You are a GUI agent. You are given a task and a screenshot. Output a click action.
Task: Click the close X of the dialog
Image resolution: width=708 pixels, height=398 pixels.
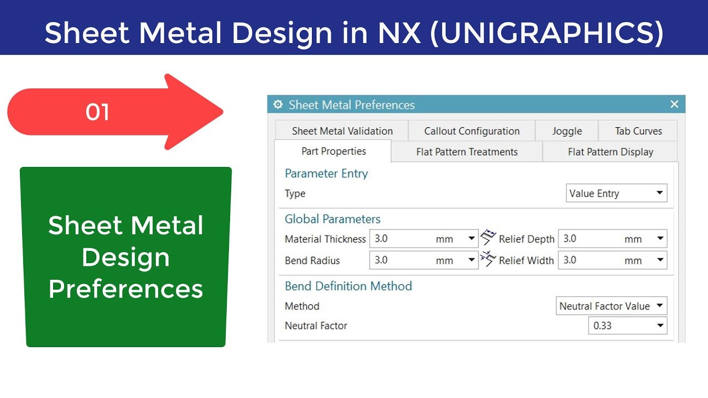coord(674,104)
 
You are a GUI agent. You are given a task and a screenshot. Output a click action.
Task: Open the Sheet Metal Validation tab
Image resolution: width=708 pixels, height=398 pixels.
coord(342,131)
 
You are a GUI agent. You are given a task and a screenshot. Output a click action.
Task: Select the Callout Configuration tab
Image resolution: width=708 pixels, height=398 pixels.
coord(472,131)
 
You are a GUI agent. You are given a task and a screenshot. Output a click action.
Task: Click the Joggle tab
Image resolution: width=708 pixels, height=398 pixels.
coord(567,131)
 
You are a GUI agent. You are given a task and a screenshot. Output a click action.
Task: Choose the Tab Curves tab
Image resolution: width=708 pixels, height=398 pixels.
coord(638,131)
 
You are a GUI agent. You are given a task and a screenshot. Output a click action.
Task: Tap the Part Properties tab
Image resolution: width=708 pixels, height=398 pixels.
coord(334,151)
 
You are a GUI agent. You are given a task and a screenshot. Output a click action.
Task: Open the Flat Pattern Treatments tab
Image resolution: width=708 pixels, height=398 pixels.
coord(467,152)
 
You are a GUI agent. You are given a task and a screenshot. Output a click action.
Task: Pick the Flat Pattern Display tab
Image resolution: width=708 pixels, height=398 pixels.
coord(611,152)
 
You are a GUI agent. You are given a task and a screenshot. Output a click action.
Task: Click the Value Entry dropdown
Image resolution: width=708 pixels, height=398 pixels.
coord(617,193)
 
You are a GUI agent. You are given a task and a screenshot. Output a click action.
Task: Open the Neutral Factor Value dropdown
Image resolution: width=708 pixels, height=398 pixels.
coord(611,306)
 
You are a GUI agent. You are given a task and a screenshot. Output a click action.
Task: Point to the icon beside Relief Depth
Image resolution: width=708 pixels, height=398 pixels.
coord(488,238)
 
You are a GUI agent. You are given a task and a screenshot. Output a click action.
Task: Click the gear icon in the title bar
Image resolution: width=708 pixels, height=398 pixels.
coord(278,104)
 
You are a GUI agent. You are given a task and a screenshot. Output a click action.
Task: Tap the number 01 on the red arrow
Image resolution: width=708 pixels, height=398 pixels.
coord(97,112)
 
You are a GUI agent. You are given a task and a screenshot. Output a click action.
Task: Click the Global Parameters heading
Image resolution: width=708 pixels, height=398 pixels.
coord(332,219)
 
